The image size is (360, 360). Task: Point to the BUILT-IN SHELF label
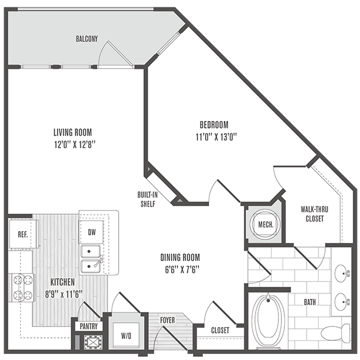pyautogui.click(x=148, y=197)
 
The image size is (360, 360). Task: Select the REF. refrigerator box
pyautogui.click(x=22, y=235)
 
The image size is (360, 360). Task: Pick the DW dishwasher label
pyautogui.click(x=92, y=232)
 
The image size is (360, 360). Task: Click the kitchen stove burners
pyautogui.click(x=20, y=287)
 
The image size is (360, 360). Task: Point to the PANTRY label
pyautogui.click(x=87, y=327)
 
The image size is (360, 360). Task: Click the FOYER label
pyautogui.click(x=167, y=320)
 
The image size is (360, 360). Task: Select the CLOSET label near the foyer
pyautogui.click(x=220, y=331)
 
